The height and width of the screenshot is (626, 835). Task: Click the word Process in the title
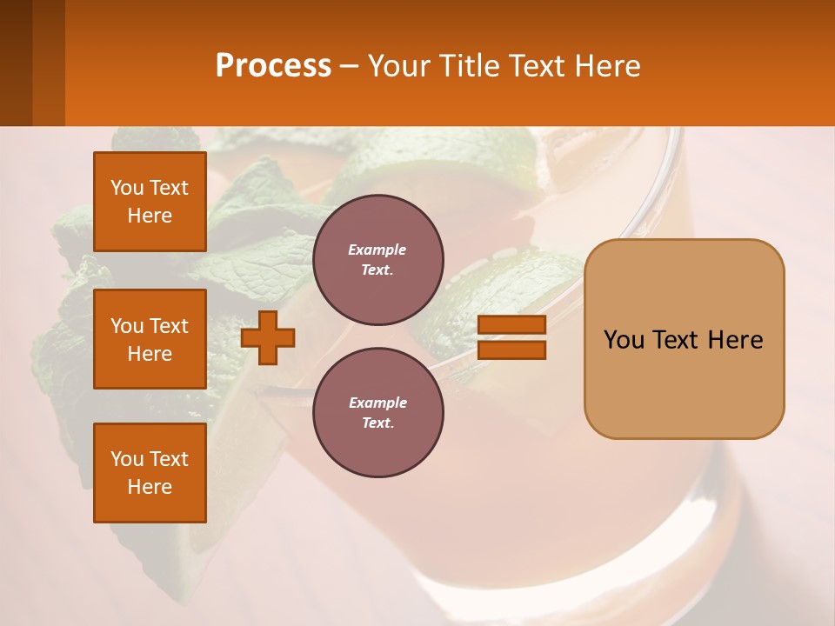(273, 66)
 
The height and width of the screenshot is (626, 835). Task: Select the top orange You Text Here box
(150, 202)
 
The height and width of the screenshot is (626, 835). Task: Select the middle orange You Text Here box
(150, 339)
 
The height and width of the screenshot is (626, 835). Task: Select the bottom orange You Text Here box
(150, 473)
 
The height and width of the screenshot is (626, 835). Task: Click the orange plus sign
(268, 337)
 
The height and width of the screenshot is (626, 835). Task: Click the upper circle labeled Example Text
(378, 260)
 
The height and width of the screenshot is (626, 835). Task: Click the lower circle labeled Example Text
(378, 413)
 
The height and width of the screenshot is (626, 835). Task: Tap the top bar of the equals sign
(512, 325)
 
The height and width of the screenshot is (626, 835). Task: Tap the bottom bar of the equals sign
(512, 350)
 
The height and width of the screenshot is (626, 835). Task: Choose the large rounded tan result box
(685, 383)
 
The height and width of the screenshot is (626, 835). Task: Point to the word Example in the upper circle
(377, 250)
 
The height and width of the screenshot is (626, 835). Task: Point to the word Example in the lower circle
(377, 403)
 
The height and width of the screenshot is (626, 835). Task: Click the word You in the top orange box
(127, 188)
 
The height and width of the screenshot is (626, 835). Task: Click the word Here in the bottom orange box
(150, 487)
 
